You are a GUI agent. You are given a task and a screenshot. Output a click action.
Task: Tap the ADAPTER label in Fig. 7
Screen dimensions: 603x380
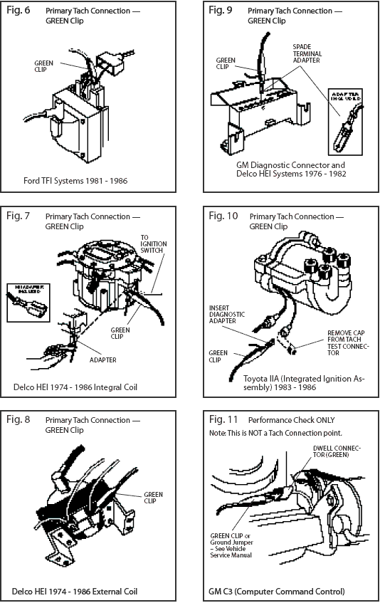coord(103,360)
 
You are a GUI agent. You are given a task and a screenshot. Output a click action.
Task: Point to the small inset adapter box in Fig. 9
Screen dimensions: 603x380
coord(344,122)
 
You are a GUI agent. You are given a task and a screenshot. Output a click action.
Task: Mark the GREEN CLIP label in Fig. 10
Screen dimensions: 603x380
coord(218,355)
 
